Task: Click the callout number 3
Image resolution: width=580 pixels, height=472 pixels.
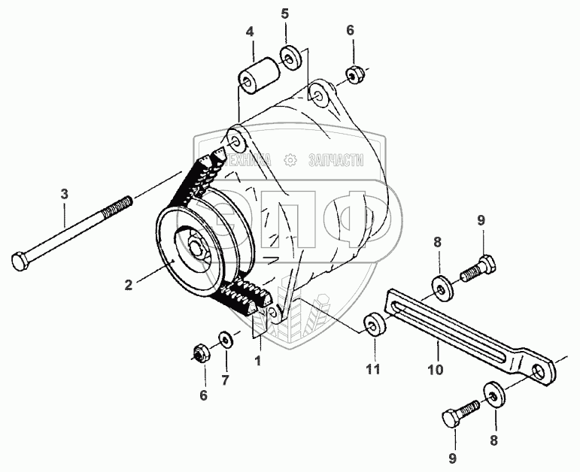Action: [65, 194]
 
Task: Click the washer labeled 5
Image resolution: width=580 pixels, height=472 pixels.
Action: [290, 56]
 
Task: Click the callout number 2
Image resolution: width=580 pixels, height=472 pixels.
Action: [129, 284]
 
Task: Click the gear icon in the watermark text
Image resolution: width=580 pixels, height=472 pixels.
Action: [290, 160]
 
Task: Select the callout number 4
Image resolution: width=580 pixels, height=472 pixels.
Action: [250, 32]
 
